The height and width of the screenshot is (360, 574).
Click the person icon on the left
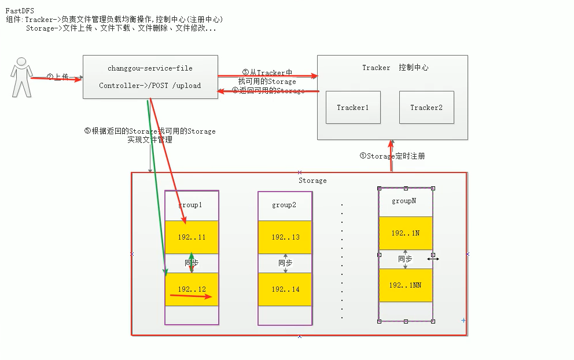21,77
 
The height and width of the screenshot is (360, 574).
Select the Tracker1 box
353,107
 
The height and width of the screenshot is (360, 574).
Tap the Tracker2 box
426,107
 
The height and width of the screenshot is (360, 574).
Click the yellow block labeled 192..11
192,237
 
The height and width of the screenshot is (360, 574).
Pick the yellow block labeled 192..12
192,289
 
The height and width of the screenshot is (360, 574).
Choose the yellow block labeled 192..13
285,237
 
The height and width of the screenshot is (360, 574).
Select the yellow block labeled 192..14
285,289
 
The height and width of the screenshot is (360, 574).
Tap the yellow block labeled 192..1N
405,233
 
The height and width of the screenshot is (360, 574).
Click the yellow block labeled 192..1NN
405,285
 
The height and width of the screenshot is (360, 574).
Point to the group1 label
191,205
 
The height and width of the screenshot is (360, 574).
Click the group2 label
284,205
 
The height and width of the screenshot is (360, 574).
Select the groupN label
404,201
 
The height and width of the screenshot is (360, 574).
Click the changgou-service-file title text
150,68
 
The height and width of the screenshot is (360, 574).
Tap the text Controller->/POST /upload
150,86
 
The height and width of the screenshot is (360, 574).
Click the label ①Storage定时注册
392,156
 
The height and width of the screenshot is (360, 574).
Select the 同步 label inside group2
285,263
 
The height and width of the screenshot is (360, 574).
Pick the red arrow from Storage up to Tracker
392,155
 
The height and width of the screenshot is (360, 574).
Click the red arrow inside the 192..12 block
191,296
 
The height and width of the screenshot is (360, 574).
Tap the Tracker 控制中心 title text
395,68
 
